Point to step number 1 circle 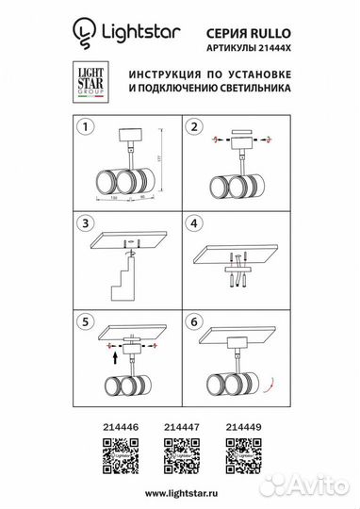click(x=87, y=125)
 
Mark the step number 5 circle click(x=87, y=320)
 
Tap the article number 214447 click(x=180, y=426)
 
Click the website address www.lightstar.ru click(x=180, y=493)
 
